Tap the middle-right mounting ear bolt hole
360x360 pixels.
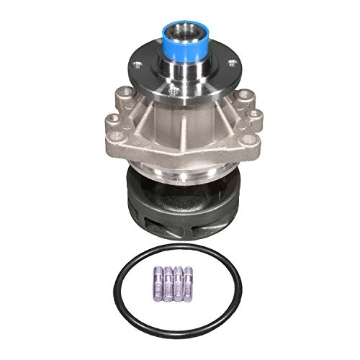point(256,114)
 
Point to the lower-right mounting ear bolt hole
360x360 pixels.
point(248,139)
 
